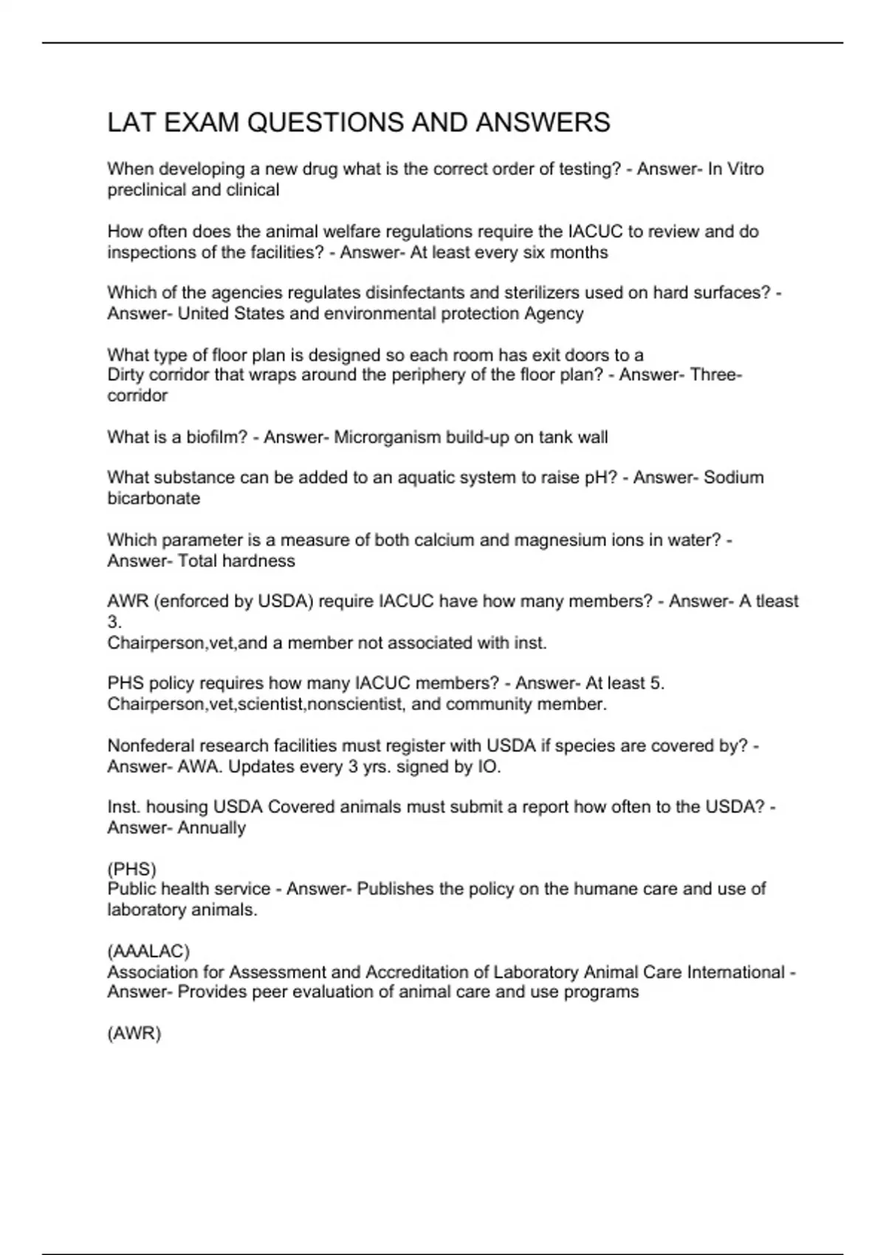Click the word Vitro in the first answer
(x=746, y=169)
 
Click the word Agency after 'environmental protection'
(x=554, y=314)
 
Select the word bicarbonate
(x=154, y=498)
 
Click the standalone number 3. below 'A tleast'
(x=114, y=622)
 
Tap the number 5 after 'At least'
(x=657, y=684)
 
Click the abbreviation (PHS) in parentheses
(x=131, y=869)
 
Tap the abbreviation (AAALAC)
(x=148, y=951)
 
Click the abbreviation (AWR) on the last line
(x=134, y=1034)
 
